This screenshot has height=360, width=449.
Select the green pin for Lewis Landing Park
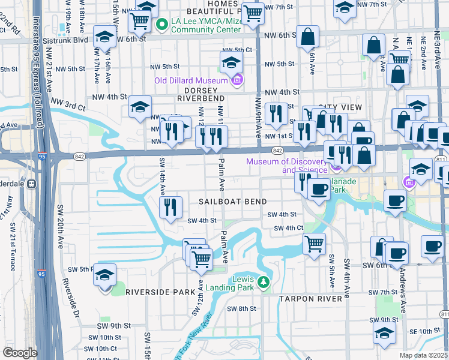click(262, 281)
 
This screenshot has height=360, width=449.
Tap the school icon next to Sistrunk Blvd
click(104, 37)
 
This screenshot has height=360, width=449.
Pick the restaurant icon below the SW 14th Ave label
click(170, 208)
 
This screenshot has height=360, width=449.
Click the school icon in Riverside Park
click(105, 275)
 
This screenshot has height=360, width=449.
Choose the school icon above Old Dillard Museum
click(231, 62)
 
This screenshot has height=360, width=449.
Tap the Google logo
click(20, 352)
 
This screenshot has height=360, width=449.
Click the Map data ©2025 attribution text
click(423, 355)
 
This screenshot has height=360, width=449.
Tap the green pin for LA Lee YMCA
click(161, 25)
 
